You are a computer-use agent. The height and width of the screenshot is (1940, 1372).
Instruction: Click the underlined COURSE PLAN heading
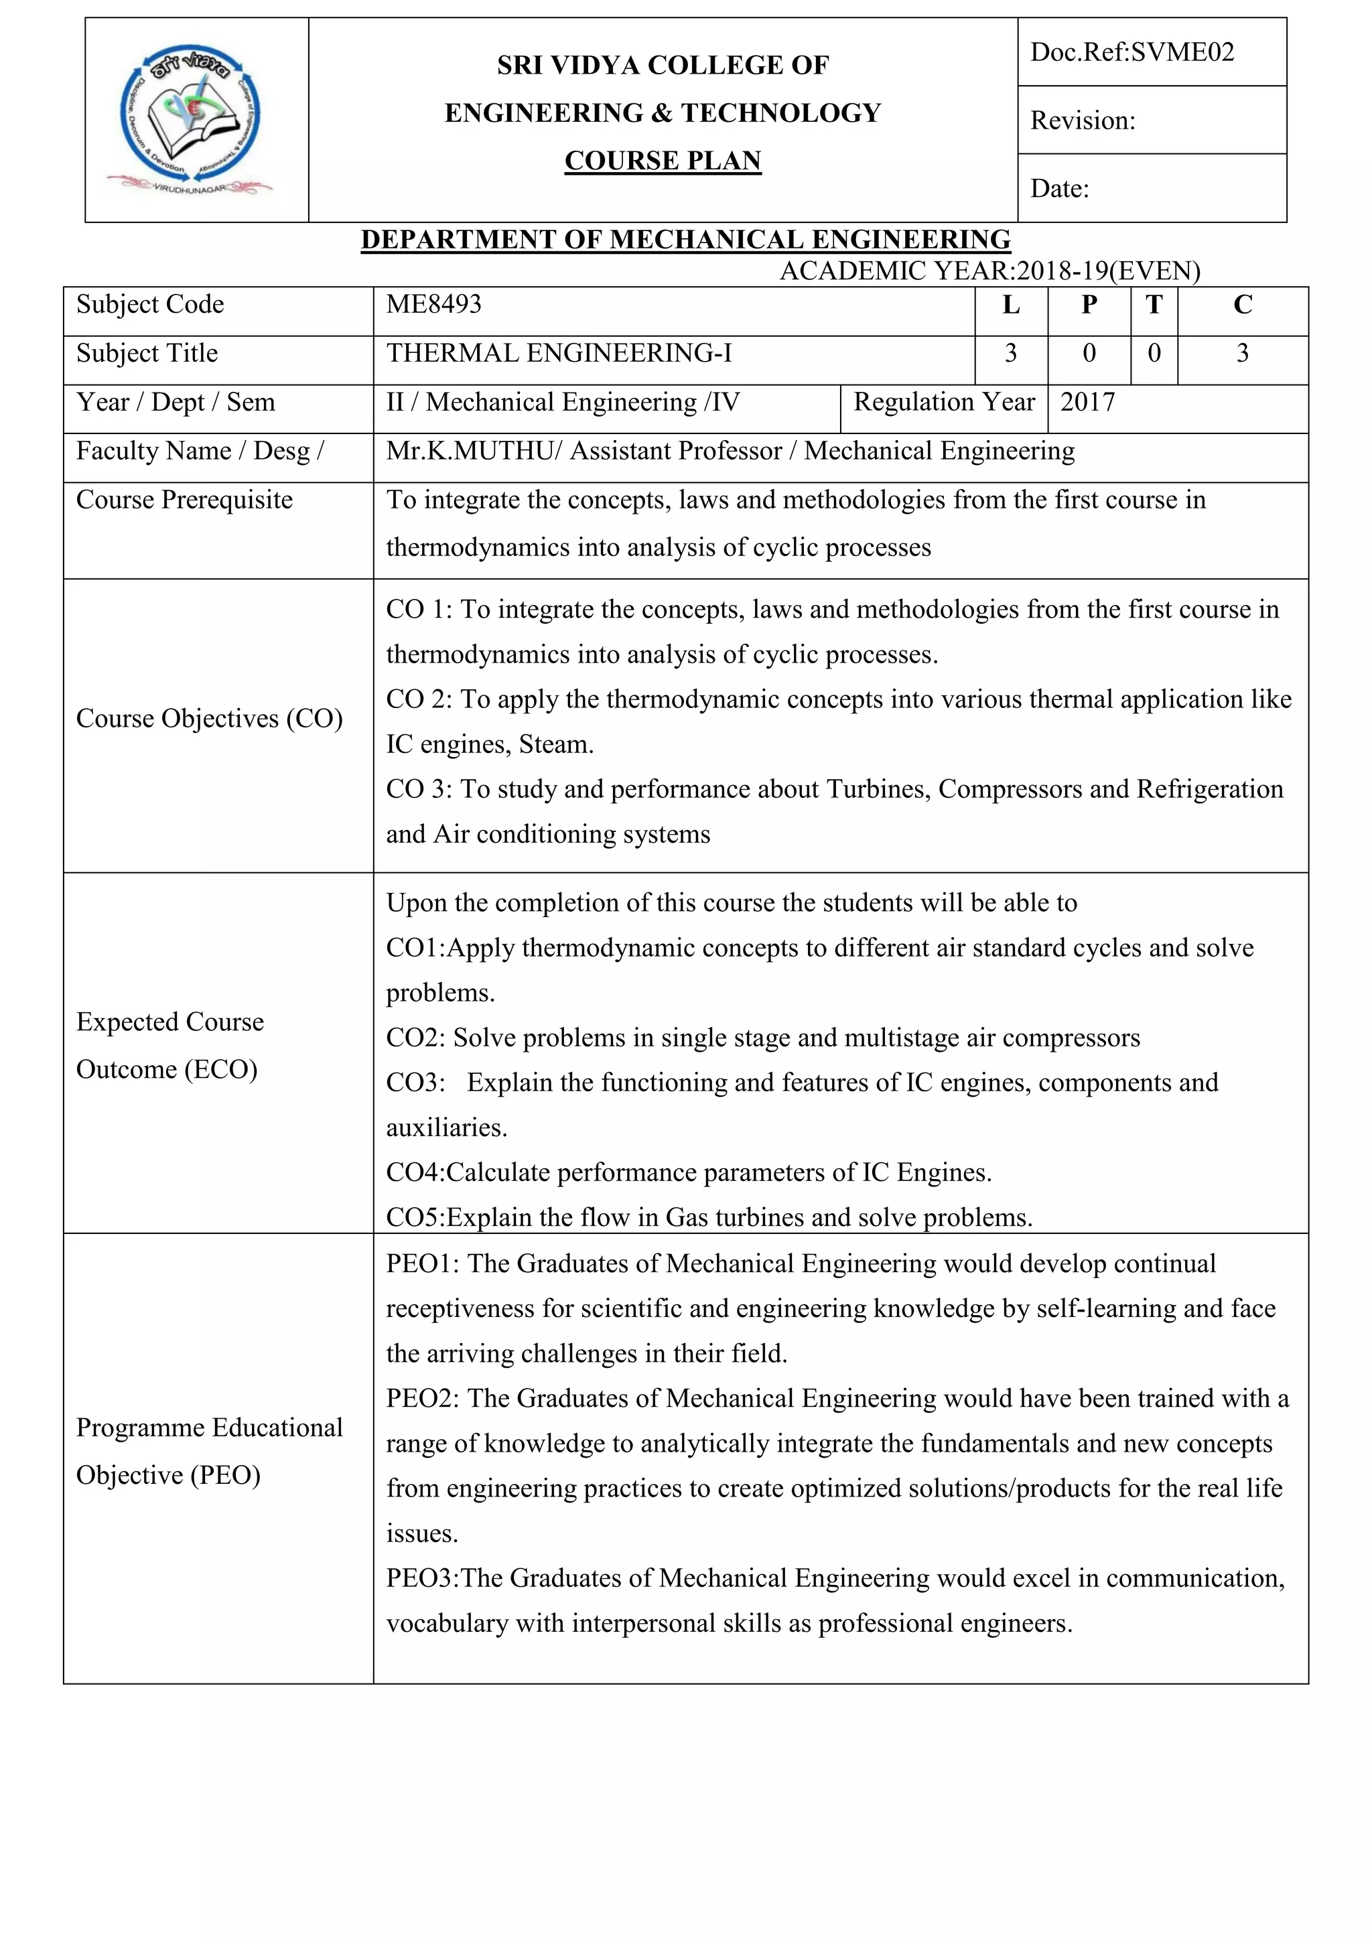(663, 161)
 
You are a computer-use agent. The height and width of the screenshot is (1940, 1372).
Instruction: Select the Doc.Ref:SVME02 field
(1131, 52)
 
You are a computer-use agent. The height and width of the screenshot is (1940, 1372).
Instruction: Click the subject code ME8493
(433, 304)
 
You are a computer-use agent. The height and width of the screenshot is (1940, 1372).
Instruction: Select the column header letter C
(1242, 305)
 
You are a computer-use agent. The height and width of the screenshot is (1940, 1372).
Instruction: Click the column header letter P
(1089, 305)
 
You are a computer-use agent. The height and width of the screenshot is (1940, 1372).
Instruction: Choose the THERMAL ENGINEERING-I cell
(559, 353)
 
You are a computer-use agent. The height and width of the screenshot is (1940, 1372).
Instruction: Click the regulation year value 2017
(1087, 402)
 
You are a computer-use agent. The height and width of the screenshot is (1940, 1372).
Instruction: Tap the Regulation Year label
(944, 402)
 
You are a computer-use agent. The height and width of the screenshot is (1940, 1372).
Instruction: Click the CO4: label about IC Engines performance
(415, 1173)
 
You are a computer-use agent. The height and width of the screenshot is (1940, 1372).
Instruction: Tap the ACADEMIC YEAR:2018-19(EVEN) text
(989, 271)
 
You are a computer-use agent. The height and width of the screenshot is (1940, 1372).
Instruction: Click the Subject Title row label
(147, 353)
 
